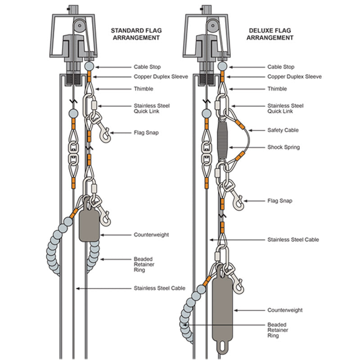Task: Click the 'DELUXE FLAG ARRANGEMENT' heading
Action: tap(269, 34)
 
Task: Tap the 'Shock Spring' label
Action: tap(283, 147)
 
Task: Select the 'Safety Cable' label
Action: tap(283, 130)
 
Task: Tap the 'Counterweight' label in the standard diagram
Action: tap(151, 235)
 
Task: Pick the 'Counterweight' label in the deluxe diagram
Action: tap(285, 310)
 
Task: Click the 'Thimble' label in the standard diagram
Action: tap(143, 89)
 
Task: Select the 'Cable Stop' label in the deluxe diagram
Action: tap(281, 67)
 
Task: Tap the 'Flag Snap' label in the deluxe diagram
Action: tap(279, 201)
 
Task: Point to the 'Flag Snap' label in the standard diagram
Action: tap(145, 133)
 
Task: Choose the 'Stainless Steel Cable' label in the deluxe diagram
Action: tap(293, 240)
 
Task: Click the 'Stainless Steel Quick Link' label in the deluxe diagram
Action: tap(285, 108)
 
